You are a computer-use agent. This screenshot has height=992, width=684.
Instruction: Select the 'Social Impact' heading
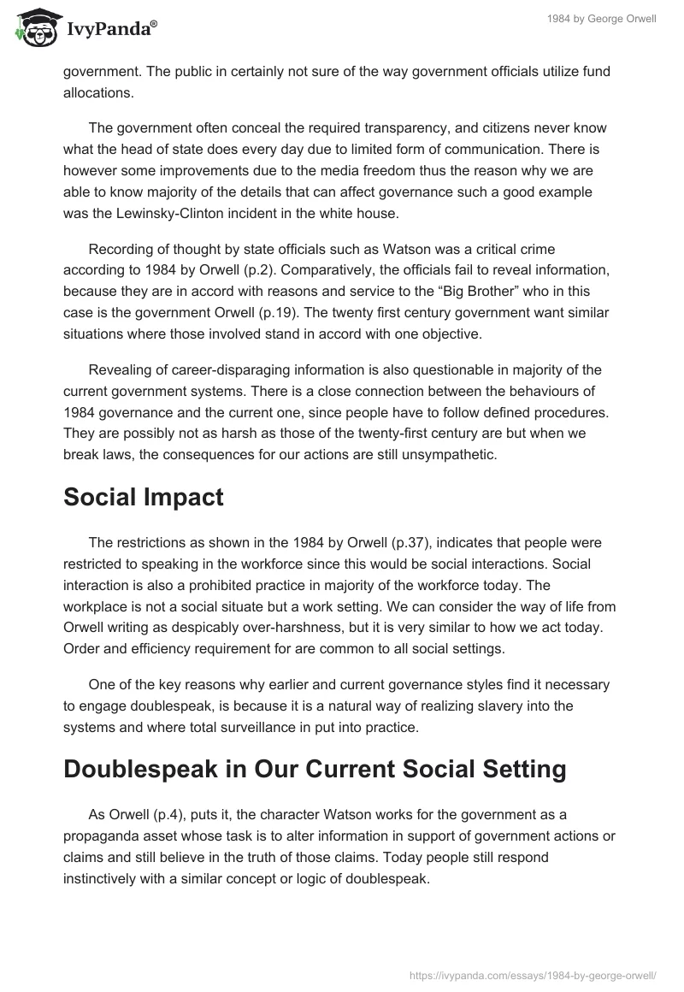tap(143, 498)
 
